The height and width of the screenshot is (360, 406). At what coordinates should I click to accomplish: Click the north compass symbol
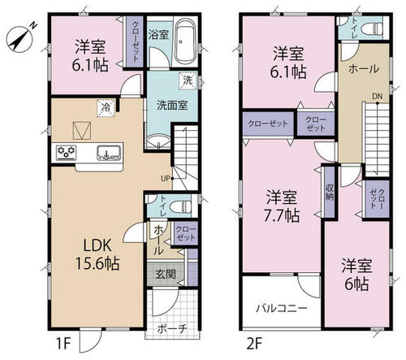click(20, 38)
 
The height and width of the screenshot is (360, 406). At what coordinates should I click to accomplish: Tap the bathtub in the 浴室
click(185, 41)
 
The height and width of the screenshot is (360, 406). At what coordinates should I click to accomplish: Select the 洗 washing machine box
click(188, 80)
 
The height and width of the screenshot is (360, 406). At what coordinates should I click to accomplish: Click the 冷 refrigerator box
click(106, 108)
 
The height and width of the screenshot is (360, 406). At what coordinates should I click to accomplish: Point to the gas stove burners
click(67, 153)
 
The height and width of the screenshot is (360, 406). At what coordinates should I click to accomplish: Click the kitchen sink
click(109, 153)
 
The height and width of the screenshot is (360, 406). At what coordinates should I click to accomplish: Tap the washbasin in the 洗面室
click(158, 141)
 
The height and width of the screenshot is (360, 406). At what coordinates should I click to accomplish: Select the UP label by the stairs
click(166, 178)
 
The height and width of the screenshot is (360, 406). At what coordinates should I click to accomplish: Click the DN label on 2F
click(377, 96)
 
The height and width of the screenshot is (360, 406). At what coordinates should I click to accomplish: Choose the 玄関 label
click(166, 275)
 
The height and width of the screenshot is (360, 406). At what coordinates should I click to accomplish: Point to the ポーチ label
click(172, 329)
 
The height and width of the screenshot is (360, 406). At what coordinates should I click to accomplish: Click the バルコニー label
click(282, 308)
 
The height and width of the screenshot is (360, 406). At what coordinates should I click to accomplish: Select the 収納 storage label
click(330, 193)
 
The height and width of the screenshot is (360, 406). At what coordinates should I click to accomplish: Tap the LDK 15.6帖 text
click(97, 254)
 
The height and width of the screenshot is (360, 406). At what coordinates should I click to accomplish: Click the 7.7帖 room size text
click(282, 215)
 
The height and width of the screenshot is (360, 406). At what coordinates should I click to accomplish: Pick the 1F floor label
click(63, 345)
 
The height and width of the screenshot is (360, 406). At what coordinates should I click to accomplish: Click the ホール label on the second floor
click(364, 69)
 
